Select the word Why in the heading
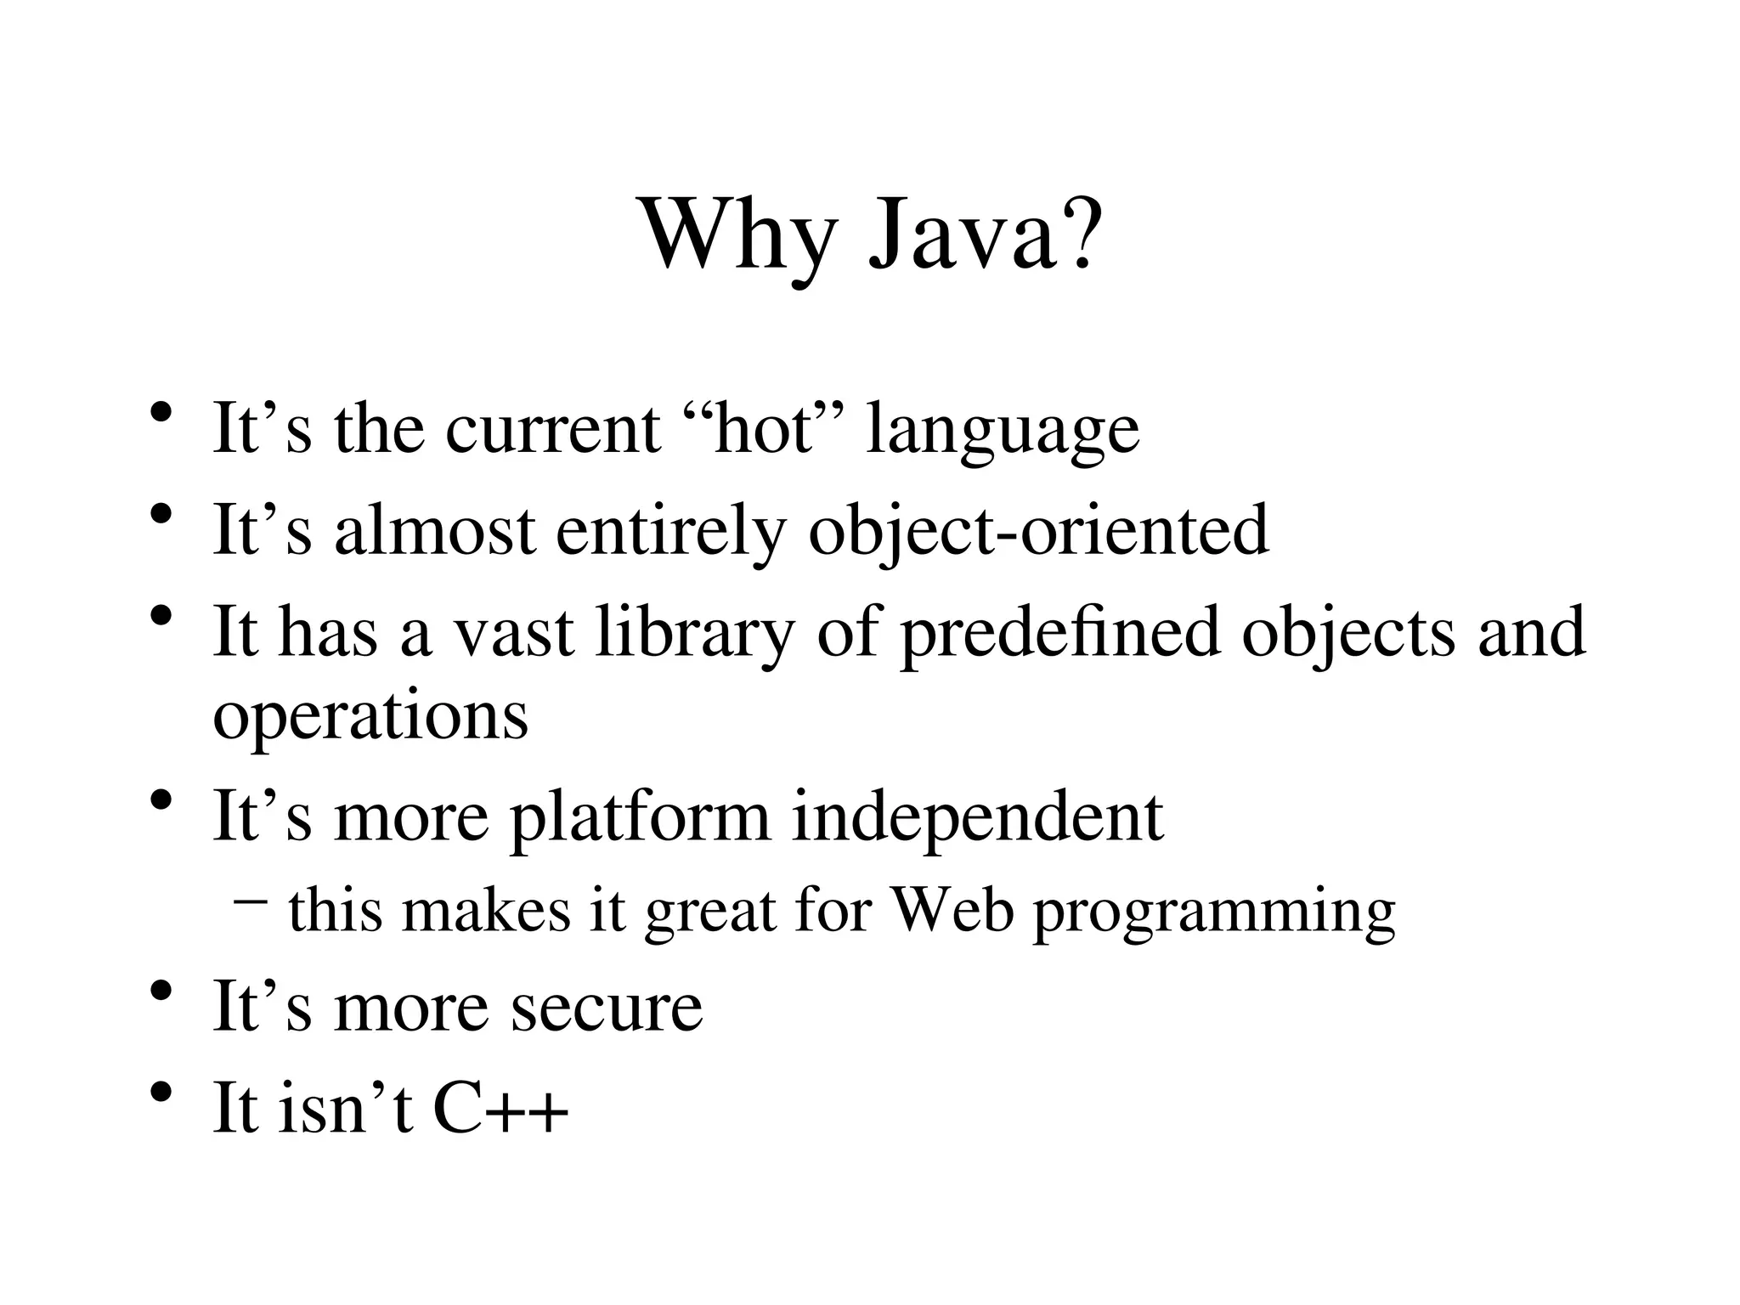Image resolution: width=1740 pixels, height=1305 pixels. pyautogui.click(x=739, y=234)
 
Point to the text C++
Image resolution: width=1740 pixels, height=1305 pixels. pyautogui.click(x=500, y=1108)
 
